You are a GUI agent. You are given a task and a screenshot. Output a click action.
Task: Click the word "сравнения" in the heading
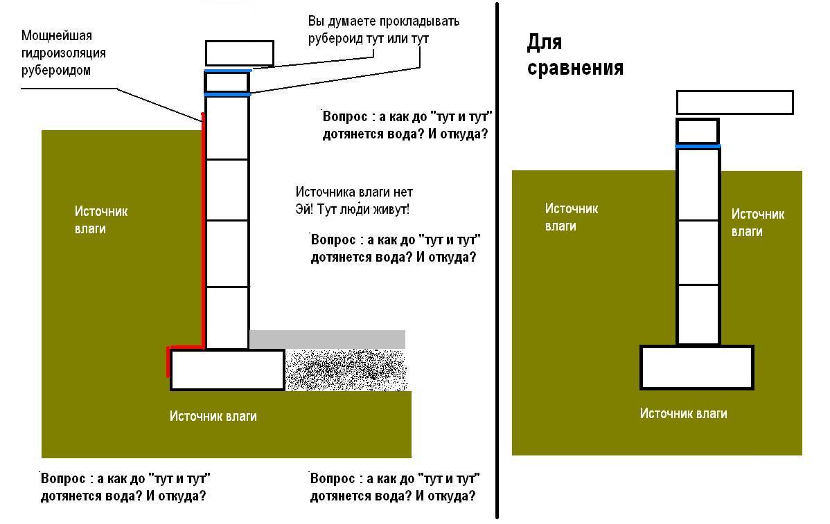575,69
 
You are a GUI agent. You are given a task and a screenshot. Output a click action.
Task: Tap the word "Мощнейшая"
57,36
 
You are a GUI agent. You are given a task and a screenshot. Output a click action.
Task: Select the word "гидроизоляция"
64,53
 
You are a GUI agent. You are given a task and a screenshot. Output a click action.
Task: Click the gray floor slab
327,339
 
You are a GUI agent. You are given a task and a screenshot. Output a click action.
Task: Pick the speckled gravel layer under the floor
346,370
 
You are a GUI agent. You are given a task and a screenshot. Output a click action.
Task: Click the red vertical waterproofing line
203,230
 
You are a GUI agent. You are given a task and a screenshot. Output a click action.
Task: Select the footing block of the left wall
227,370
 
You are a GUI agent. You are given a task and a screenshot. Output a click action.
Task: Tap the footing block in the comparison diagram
696,368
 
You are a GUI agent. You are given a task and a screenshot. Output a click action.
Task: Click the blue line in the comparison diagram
698,146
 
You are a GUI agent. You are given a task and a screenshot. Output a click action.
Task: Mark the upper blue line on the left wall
228,71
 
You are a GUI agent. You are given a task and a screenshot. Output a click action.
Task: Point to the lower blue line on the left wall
228,95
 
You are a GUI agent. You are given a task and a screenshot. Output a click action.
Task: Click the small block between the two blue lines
227,82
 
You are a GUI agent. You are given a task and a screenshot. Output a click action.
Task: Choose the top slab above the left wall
239,53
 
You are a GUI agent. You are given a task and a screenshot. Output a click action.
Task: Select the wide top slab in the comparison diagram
734,102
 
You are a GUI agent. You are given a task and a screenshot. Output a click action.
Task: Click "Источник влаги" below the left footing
213,416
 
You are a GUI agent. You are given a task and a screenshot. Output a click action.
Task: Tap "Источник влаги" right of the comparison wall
757,223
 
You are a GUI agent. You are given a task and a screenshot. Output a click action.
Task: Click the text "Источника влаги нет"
353,192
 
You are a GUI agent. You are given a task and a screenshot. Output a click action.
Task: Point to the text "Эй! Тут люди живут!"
352,209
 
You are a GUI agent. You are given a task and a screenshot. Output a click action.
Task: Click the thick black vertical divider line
497,261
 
